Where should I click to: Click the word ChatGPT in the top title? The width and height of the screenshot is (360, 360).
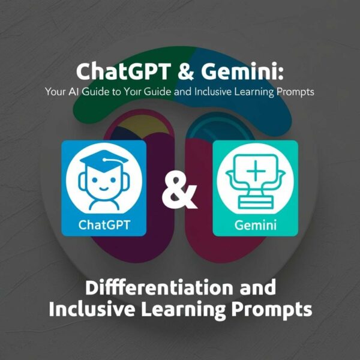124,71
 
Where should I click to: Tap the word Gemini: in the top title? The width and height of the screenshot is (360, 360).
242,71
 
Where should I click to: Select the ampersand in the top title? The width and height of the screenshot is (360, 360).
186,71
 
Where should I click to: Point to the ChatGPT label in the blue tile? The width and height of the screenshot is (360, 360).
104,225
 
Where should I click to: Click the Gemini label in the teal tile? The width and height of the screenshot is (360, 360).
256,225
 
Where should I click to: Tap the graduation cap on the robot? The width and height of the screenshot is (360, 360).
104,161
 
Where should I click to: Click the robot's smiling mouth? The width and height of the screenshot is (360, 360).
104,189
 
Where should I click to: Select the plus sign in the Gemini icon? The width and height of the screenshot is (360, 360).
256,170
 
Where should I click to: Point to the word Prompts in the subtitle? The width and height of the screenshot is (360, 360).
295,92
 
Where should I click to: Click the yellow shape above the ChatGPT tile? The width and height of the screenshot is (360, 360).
142,125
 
